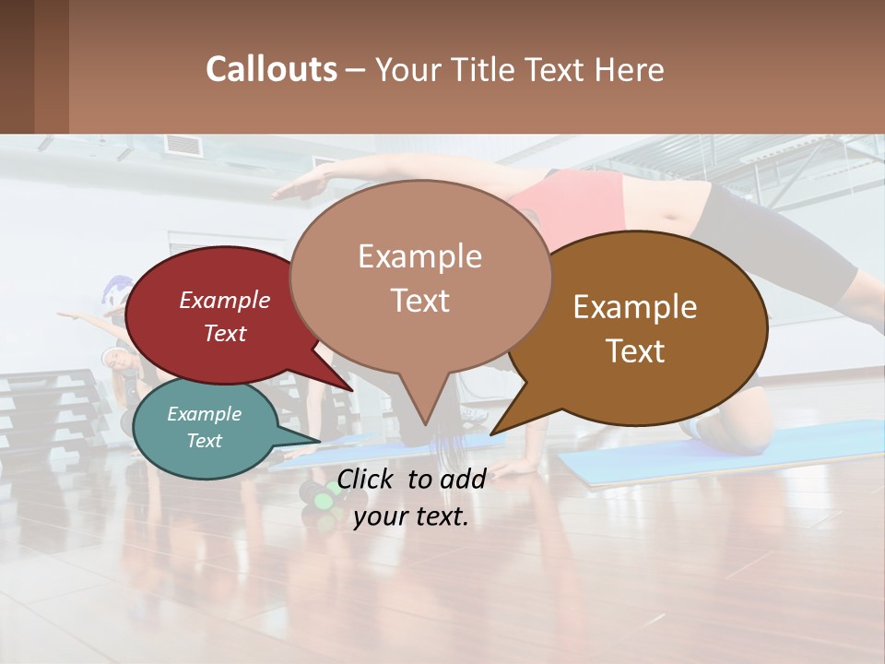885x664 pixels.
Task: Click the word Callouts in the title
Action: coord(271,69)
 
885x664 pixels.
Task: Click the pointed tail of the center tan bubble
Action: coord(425,410)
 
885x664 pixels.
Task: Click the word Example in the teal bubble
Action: coord(204,414)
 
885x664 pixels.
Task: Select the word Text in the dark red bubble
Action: coord(225,333)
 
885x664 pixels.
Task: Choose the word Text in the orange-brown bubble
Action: coord(635,350)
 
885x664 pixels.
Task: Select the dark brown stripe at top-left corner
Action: coord(17,66)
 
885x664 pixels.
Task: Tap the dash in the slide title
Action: coord(356,70)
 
